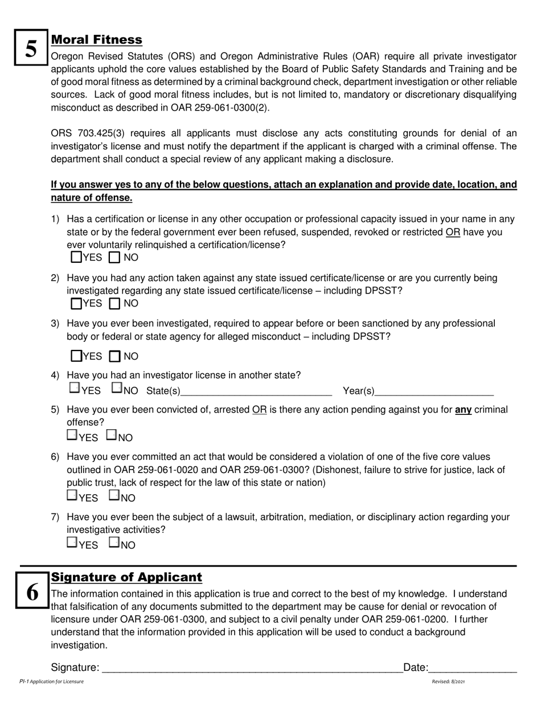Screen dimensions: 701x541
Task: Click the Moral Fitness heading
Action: pos(97,40)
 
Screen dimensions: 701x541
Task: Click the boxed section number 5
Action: pos(31,49)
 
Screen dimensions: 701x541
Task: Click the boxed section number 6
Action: pos(32,593)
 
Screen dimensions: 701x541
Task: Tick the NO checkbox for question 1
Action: pos(114,258)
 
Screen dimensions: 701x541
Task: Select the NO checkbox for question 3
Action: pos(114,357)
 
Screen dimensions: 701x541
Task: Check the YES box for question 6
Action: pos(72,495)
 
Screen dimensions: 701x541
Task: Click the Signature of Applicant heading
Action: pos(126,577)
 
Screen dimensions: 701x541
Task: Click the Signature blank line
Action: pos(251,669)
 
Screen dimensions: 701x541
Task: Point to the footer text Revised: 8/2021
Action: pos(448,682)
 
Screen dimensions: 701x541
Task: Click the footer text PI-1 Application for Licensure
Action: pos(51,682)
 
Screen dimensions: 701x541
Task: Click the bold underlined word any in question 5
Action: pos(463,410)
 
